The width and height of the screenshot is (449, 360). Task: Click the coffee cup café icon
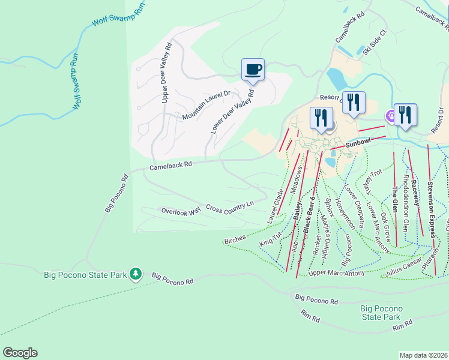tap(253, 70)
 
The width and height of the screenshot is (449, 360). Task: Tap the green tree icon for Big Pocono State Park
tap(136, 275)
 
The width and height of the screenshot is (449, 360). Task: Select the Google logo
tap(20, 353)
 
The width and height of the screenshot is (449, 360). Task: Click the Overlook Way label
tap(181, 211)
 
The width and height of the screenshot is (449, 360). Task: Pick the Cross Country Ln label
tap(230, 207)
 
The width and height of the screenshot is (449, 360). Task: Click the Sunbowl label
tap(359, 142)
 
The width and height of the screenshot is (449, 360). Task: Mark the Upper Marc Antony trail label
tap(336, 274)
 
